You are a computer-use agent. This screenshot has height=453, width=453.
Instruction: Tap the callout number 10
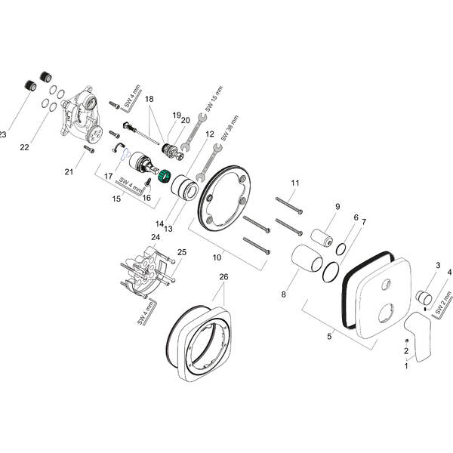coord(217,257)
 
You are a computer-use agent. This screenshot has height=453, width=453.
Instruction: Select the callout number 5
coord(328,336)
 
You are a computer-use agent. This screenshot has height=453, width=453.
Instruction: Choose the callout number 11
coord(295,183)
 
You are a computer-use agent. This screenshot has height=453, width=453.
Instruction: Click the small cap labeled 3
coord(427,293)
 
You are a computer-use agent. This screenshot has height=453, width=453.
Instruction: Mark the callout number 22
coord(24,146)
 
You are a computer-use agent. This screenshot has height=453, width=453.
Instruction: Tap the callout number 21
coord(69,172)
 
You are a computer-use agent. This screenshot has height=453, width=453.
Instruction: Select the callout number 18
coord(149,99)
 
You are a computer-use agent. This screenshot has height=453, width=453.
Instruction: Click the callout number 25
coord(181,251)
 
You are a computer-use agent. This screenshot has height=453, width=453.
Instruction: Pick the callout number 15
coord(117,199)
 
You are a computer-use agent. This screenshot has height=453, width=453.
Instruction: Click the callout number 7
coord(364,221)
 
